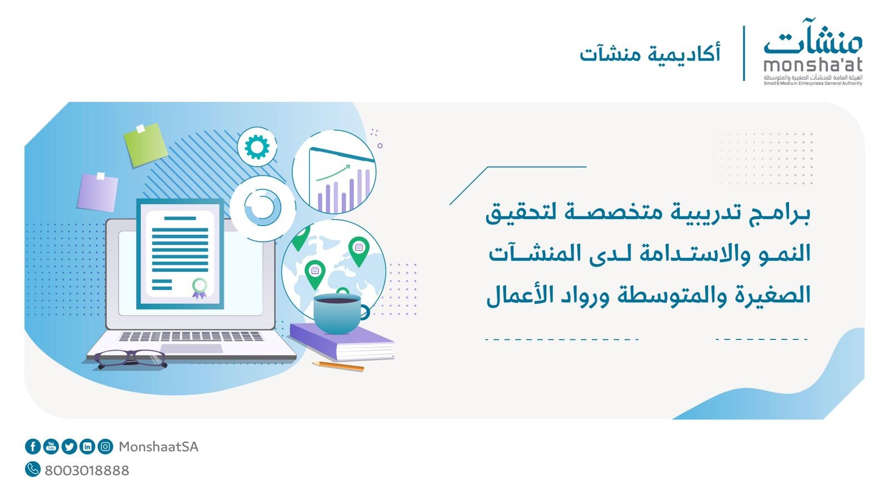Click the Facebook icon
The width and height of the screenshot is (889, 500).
33,447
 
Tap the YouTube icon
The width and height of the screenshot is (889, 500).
51,447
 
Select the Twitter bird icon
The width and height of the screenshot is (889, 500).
69,447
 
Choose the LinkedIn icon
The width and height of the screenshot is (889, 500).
87,447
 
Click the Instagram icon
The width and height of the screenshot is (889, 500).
105,447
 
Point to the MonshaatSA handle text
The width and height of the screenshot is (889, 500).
158,447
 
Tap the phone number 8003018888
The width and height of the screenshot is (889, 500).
87,471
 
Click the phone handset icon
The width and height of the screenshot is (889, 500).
33,469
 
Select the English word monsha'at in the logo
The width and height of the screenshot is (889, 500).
813,64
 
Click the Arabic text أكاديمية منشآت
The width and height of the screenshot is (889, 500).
650,53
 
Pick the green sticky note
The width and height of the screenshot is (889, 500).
145,144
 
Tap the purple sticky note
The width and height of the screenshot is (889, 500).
98,192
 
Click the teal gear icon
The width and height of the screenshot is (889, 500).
257,147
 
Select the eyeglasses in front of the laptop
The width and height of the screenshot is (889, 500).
130,358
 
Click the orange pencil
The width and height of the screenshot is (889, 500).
338,366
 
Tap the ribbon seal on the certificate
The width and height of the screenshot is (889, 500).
199,288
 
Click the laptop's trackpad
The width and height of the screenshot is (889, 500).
192,349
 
